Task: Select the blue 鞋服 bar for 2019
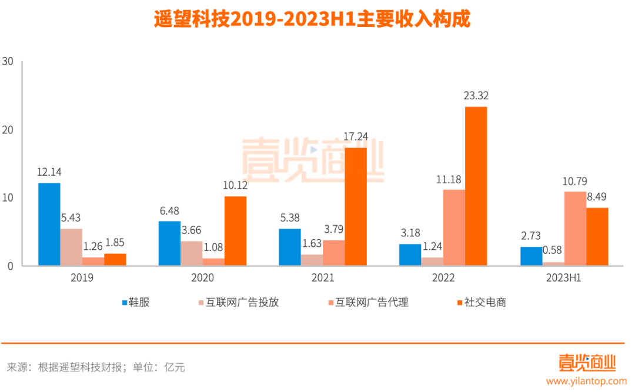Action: (49, 225)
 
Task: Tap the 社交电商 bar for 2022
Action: (476, 186)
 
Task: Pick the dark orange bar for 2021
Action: (356, 207)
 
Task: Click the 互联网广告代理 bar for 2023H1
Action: (575, 229)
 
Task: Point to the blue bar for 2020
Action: (169, 243)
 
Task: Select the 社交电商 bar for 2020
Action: (235, 231)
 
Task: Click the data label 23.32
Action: (476, 96)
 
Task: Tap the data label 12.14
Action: (49, 172)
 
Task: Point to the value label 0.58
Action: (553, 250)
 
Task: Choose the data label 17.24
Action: (355, 136)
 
